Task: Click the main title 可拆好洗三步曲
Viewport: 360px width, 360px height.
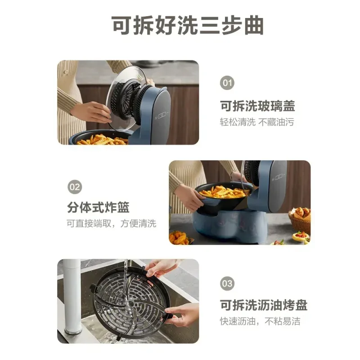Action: click(x=187, y=26)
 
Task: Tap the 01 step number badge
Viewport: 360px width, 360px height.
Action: click(x=227, y=83)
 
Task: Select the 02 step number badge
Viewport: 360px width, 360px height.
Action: click(x=75, y=187)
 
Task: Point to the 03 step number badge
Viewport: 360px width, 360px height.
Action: click(x=227, y=283)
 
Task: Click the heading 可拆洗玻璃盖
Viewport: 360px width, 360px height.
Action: click(x=257, y=106)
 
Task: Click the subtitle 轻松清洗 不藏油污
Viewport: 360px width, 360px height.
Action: click(x=257, y=122)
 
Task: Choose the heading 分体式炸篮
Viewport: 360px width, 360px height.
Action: click(x=98, y=207)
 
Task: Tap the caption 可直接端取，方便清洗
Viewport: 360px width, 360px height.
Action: click(x=111, y=223)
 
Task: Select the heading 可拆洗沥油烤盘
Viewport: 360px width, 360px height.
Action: click(x=264, y=305)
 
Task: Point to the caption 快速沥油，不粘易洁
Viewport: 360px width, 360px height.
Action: click(x=260, y=321)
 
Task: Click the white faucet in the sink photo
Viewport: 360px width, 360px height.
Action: click(x=72, y=297)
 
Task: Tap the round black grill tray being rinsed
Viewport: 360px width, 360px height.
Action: click(x=131, y=303)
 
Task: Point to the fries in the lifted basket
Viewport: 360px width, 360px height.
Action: click(x=224, y=192)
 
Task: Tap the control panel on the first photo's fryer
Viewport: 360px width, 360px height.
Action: click(x=162, y=115)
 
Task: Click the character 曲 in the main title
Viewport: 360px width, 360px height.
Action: click(x=254, y=26)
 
